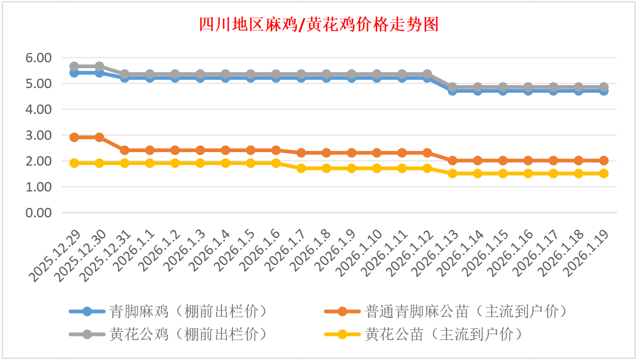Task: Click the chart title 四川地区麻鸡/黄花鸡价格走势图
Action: pyautogui.click(x=318, y=25)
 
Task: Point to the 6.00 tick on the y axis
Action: pyautogui.click(x=39, y=58)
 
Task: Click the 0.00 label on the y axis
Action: pyautogui.click(x=39, y=213)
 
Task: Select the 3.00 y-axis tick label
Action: pyautogui.click(x=39, y=135)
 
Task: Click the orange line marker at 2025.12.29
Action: pyautogui.click(x=75, y=137)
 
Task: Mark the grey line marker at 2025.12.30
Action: pyautogui.click(x=99, y=66)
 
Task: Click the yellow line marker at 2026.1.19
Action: pyautogui.click(x=603, y=173)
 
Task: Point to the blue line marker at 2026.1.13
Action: pyautogui.click(x=452, y=91)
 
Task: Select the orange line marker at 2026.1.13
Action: pyautogui.click(x=452, y=160)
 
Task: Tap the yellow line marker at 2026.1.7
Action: pyautogui.click(x=301, y=169)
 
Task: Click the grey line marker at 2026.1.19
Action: pyautogui.click(x=603, y=87)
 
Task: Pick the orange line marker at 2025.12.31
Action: pyautogui.click(x=125, y=150)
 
